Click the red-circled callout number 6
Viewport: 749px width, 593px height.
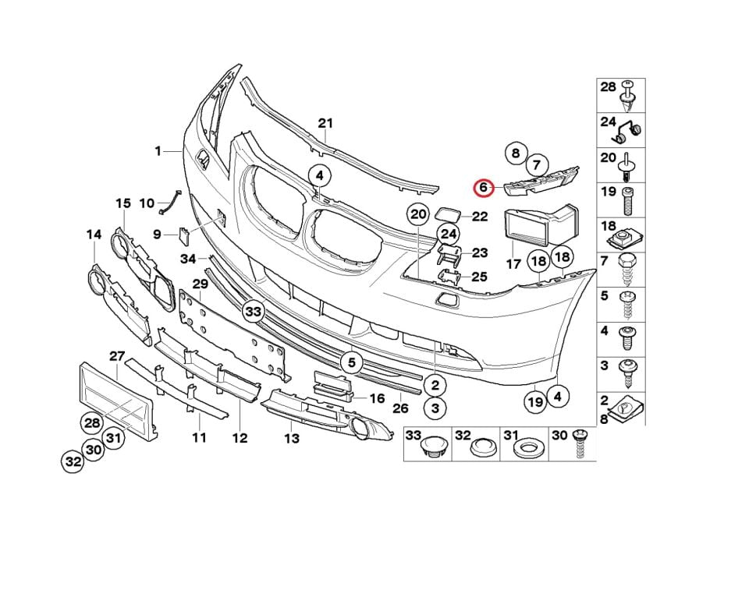(x=483, y=188)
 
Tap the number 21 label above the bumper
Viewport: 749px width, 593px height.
(x=325, y=124)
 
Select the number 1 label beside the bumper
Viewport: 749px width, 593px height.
(x=158, y=151)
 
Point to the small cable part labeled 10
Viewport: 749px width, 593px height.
(x=169, y=202)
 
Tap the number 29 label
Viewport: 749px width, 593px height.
(x=201, y=284)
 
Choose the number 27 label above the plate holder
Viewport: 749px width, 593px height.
(x=117, y=356)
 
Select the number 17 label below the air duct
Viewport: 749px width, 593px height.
(x=513, y=264)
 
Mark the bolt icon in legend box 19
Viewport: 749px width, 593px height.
(x=627, y=201)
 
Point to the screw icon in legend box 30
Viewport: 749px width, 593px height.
(x=580, y=443)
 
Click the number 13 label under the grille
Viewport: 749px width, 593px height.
(x=291, y=438)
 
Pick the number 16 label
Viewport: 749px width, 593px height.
(x=377, y=398)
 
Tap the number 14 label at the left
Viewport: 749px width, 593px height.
(x=94, y=235)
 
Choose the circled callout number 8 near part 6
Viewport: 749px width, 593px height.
(x=516, y=154)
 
